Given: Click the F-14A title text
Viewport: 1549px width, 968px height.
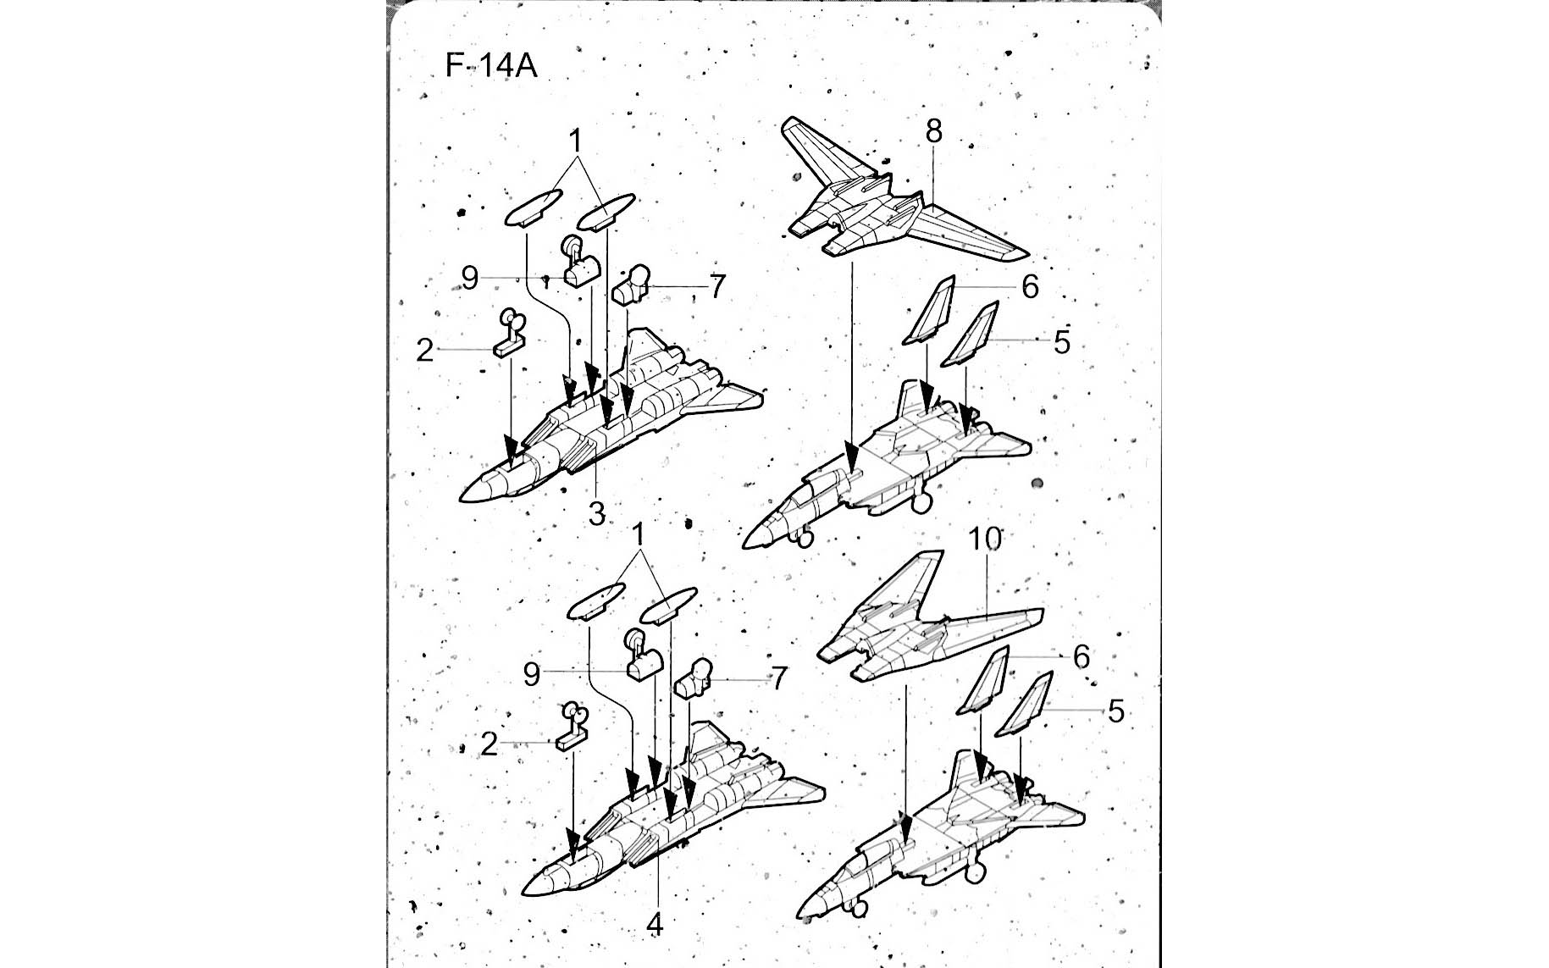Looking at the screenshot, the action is pyautogui.click(x=491, y=65).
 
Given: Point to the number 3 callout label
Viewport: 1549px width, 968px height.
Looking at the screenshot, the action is pyautogui.click(x=597, y=512).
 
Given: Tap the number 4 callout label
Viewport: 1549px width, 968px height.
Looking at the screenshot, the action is pyautogui.click(x=654, y=926).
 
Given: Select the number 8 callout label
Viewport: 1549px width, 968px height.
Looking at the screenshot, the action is pyautogui.click(x=933, y=131).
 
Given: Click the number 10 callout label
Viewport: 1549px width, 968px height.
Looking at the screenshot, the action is pyautogui.click(x=985, y=539).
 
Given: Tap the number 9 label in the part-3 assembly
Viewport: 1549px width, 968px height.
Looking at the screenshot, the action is pyautogui.click(x=470, y=278).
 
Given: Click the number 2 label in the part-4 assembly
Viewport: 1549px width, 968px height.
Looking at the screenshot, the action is pyautogui.click(x=488, y=744).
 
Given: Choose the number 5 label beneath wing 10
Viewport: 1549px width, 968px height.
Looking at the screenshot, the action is pyautogui.click(x=1115, y=711).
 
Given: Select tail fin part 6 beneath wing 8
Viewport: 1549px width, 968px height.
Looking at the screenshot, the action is pyautogui.click(x=930, y=310).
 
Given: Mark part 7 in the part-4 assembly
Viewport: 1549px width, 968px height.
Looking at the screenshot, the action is pyautogui.click(x=693, y=678).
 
